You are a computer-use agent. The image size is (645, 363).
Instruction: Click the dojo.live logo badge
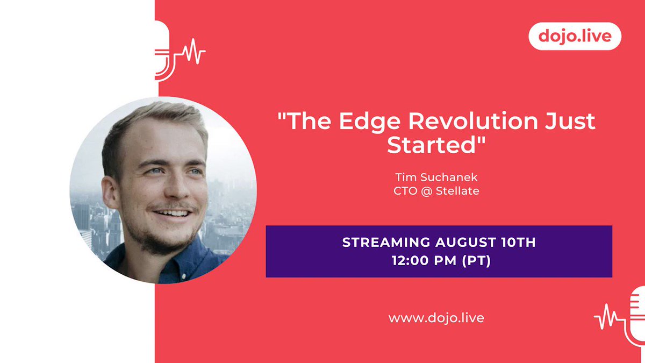(575, 37)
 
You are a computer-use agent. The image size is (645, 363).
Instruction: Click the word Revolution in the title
(473, 120)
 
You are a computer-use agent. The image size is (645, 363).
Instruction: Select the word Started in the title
(431, 145)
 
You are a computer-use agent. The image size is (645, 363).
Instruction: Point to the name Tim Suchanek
(436, 177)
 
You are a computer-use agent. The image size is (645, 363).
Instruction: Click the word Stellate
(457, 191)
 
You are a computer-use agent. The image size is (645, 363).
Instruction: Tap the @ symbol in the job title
(426, 191)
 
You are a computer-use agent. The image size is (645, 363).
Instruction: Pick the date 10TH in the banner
(518, 243)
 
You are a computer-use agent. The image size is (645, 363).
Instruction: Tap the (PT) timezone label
(476, 261)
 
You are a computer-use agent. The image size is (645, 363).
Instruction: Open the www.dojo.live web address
(436, 318)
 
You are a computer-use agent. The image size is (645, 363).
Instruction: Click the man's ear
(110, 192)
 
